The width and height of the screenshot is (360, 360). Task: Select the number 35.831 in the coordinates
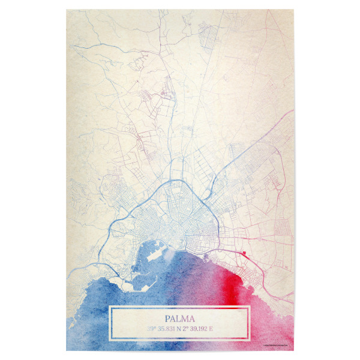click(x=167, y=329)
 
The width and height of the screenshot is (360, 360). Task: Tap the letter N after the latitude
click(x=182, y=329)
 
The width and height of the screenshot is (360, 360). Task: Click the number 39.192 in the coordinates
click(x=205, y=329)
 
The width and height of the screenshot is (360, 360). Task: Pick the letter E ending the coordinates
click(x=219, y=329)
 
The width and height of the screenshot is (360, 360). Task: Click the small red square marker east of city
click(x=244, y=254)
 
